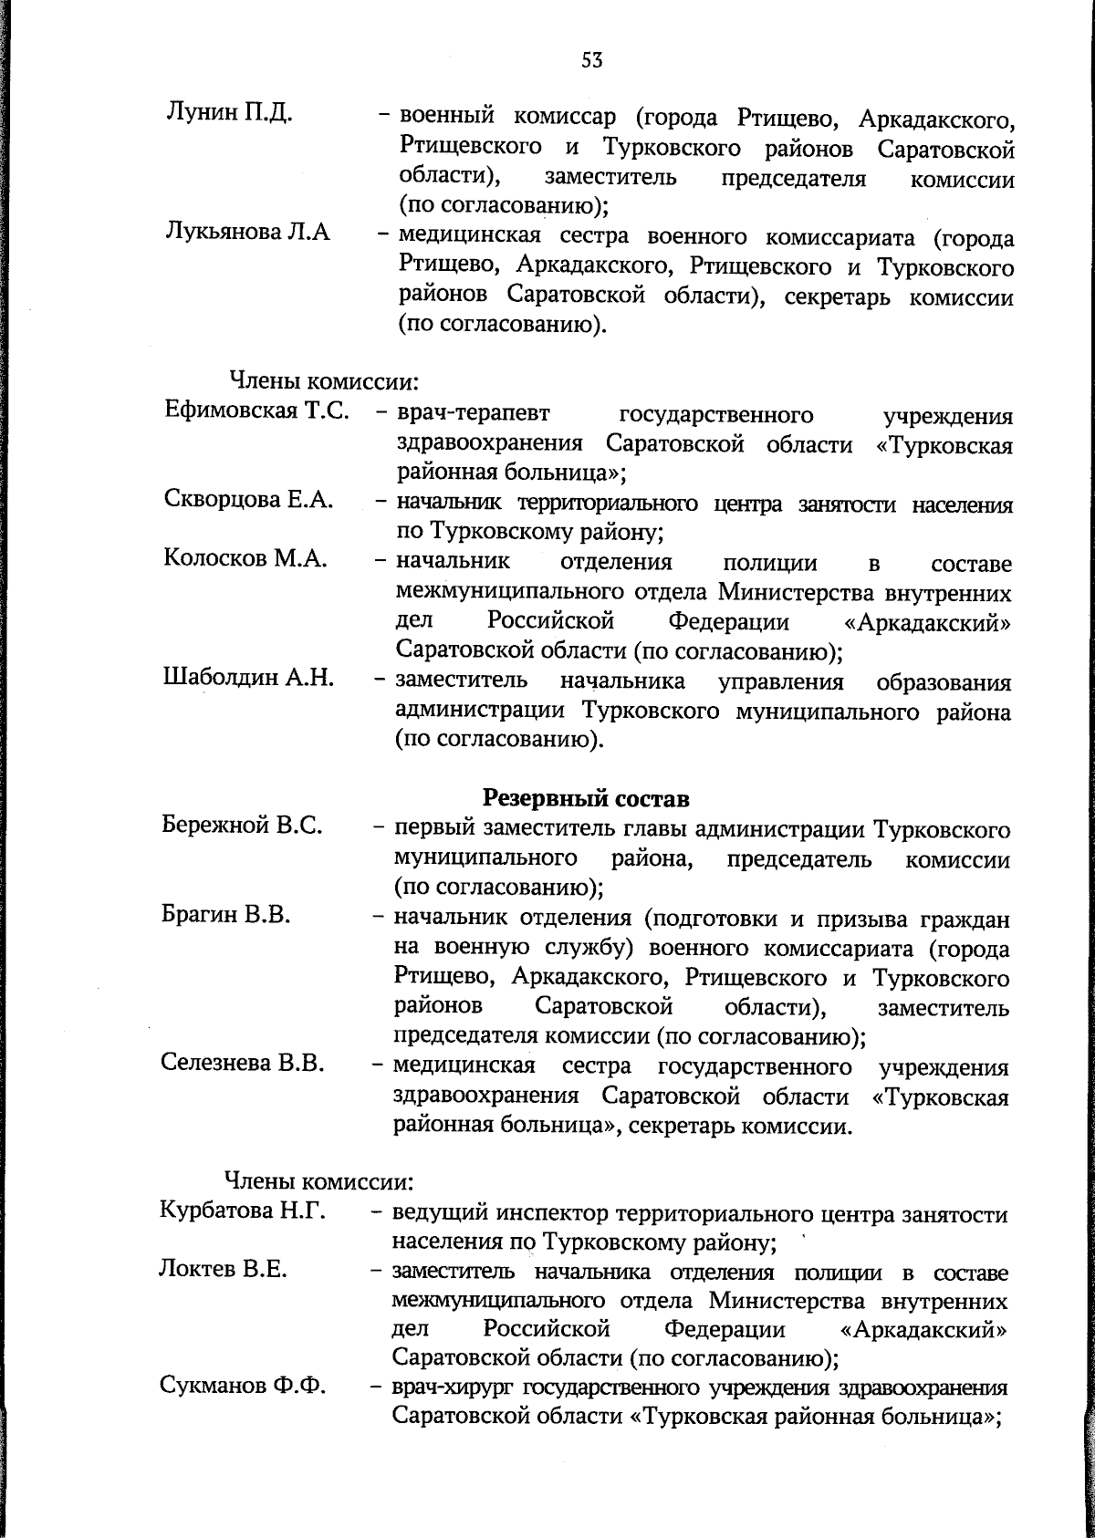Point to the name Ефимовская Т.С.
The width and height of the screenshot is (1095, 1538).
pyautogui.click(x=257, y=410)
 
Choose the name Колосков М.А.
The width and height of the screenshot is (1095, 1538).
pyautogui.click(x=245, y=559)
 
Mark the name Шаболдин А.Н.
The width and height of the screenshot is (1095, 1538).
pyautogui.click(x=248, y=678)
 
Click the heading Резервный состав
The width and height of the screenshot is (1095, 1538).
pyautogui.click(x=585, y=798)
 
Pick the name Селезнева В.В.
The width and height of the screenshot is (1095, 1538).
pyautogui.click(x=244, y=1064)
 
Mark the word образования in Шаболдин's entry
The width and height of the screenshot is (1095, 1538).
pyautogui.click(x=943, y=683)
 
